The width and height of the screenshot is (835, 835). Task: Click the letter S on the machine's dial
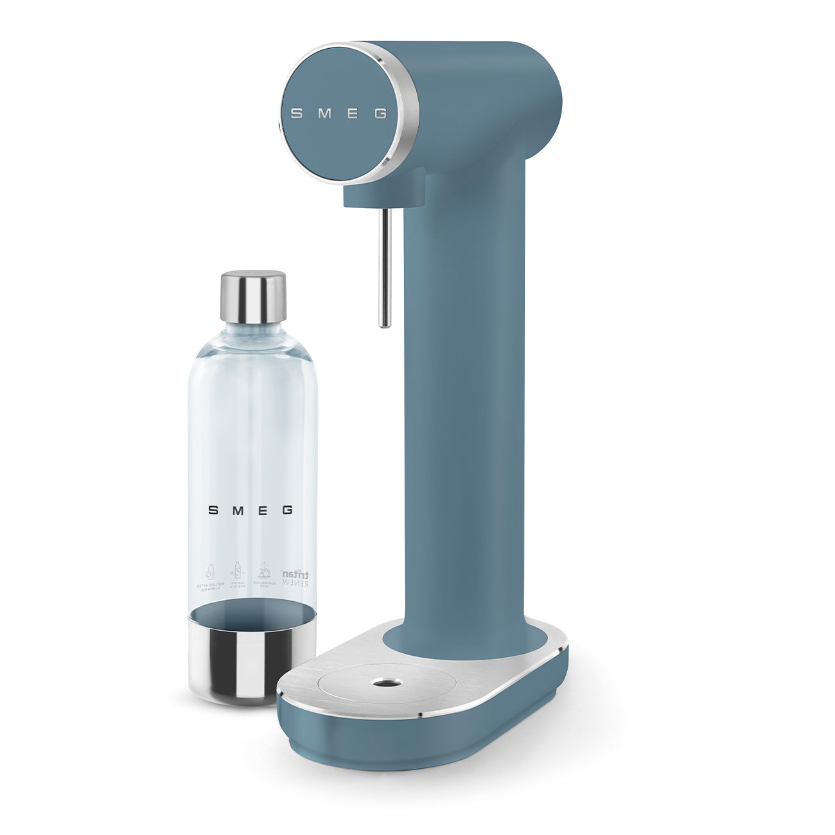pyautogui.click(x=296, y=114)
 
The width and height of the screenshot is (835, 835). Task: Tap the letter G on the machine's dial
pyautogui.click(x=380, y=114)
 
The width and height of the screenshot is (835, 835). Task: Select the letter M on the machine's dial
pyautogui.click(x=325, y=114)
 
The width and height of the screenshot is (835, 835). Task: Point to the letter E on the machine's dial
pyautogui.click(x=353, y=114)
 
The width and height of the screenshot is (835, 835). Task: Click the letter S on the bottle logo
pyautogui.click(x=213, y=510)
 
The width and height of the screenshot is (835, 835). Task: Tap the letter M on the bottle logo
pyautogui.click(x=238, y=510)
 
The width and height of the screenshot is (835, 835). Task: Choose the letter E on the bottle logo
pyautogui.click(x=263, y=510)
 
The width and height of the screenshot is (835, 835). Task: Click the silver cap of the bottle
pyautogui.click(x=253, y=296)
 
